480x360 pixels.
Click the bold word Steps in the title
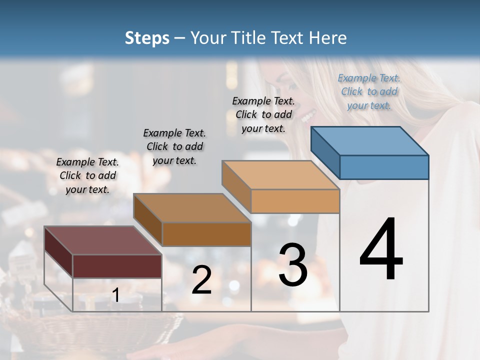[x=147, y=38]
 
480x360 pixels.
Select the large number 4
[x=381, y=250]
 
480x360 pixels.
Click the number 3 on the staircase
[x=293, y=264]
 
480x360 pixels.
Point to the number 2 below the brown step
[x=202, y=280]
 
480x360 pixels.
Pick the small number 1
[x=116, y=295]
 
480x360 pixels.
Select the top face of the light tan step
[x=280, y=175]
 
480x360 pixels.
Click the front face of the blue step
[x=384, y=167]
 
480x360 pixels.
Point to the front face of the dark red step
[x=117, y=266]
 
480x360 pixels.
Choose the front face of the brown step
[x=206, y=234]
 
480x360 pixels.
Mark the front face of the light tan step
[x=295, y=201]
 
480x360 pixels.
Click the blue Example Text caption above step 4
[x=369, y=91]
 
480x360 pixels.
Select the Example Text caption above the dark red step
[x=87, y=175]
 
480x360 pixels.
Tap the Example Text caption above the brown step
[x=174, y=146]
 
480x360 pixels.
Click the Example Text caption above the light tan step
[x=263, y=114]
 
